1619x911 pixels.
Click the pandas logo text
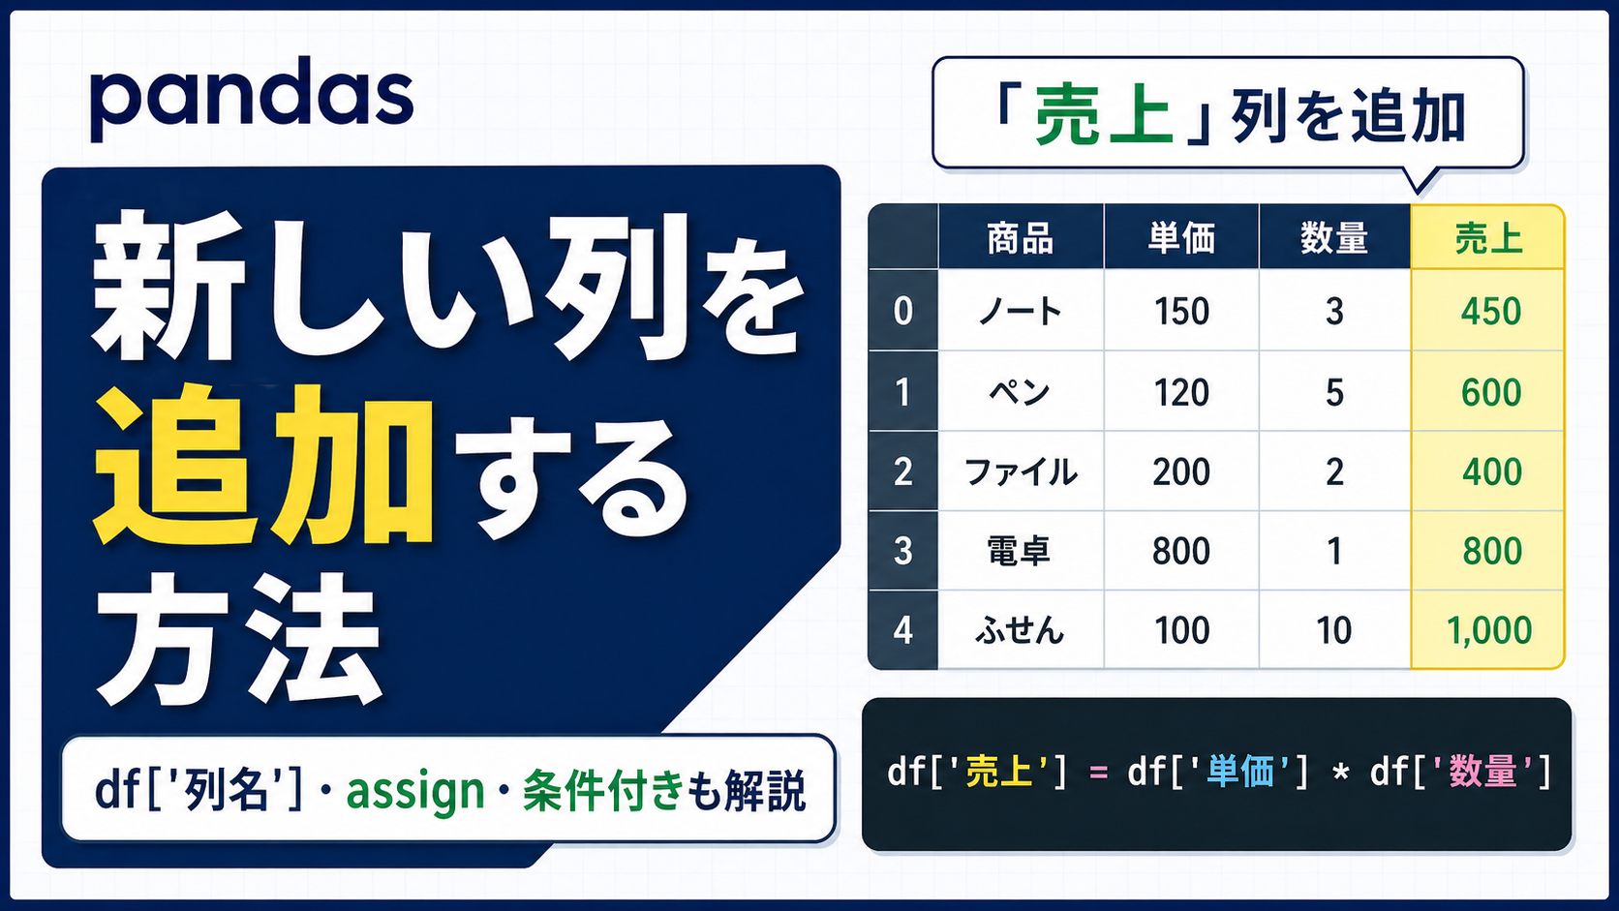(x=252, y=100)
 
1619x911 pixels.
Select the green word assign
(x=415, y=791)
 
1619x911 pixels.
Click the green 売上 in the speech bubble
(x=1104, y=116)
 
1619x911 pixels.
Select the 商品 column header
(x=1020, y=238)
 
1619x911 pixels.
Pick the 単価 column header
(x=1181, y=238)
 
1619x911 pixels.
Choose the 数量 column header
(x=1333, y=238)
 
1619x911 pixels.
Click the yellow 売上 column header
(x=1488, y=238)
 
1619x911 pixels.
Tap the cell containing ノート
(x=1020, y=312)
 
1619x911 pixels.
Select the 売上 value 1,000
(x=1489, y=631)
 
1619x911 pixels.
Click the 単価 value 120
(x=1181, y=393)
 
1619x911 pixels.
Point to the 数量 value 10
(x=1333, y=631)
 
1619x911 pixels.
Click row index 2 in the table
(x=902, y=472)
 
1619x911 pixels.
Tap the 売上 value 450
(x=1491, y=312)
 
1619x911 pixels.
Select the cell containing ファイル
(x=1021, y=472)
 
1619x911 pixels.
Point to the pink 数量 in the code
(x=1482, y=772)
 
